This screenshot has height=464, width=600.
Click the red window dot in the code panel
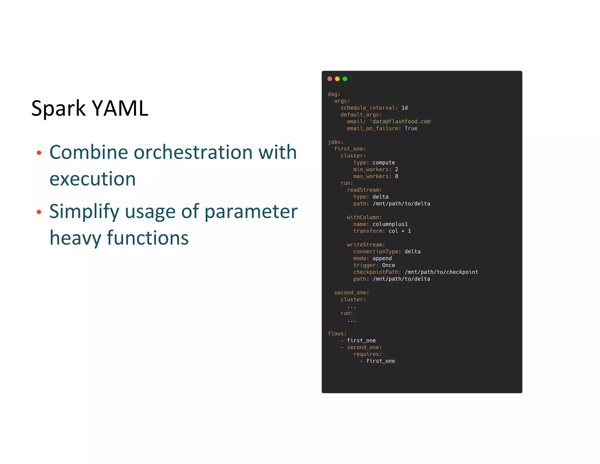pos(330,79)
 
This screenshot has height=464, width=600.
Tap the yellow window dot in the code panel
pos(337,79)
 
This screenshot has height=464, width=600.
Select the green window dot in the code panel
pos(345,79)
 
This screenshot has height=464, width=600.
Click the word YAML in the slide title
pos(120,108)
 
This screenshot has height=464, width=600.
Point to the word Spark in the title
pos(58,109)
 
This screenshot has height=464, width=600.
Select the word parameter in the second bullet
pos(251,211)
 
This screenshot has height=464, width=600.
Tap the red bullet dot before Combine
pos(39,153)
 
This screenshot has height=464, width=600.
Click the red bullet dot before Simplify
pos(39,212)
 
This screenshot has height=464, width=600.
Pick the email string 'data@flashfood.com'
pos(401,121)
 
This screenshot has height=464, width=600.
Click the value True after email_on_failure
pos(411,128)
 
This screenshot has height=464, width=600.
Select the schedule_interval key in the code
pos(368,108)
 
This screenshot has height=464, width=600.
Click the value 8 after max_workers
pos(396,176)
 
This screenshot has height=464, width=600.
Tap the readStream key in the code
pos(363,190)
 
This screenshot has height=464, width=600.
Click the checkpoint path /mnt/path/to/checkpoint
pos(441,272)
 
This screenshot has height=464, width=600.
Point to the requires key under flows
pos(366,354)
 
